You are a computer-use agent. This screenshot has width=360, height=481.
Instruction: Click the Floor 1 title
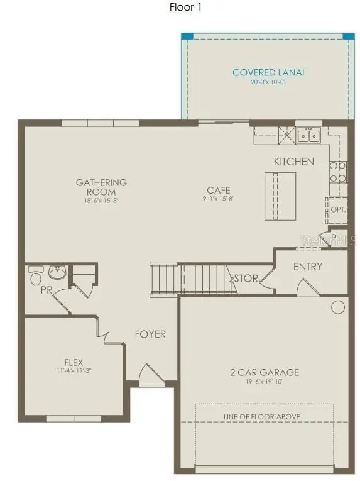(185, 8)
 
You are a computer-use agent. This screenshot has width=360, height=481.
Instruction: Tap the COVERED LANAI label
(268, 72)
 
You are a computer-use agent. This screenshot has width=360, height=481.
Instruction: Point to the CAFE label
(219, 190)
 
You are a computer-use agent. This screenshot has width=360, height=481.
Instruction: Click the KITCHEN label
(293, 162)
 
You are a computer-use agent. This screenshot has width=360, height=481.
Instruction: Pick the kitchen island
(280, 196)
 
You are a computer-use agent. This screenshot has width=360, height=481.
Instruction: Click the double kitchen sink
(308, 135)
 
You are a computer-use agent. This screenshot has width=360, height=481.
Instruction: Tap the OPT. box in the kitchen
(337, 209)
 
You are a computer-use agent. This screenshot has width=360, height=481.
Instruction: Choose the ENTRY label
(308, 267)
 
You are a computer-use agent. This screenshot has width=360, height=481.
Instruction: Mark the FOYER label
(151, 334)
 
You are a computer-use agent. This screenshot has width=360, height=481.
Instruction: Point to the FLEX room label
(74, 362)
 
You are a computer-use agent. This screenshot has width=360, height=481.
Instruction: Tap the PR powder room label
(46, 291)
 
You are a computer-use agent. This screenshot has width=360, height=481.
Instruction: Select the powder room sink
(57, 273)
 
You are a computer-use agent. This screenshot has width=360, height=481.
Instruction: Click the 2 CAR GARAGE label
(264, 372)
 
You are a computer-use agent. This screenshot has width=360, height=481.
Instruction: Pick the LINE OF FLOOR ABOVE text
(262, 417)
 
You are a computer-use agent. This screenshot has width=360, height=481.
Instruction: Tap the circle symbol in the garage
(338, 307)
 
